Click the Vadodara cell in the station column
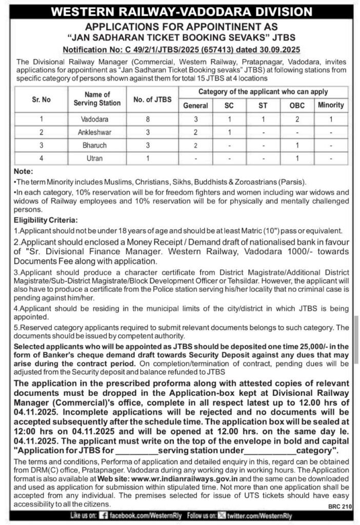[x=95, y=119]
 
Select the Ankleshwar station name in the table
[x=95, y=132]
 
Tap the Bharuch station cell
[x=95, y=146]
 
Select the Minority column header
[x=331, y=105]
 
